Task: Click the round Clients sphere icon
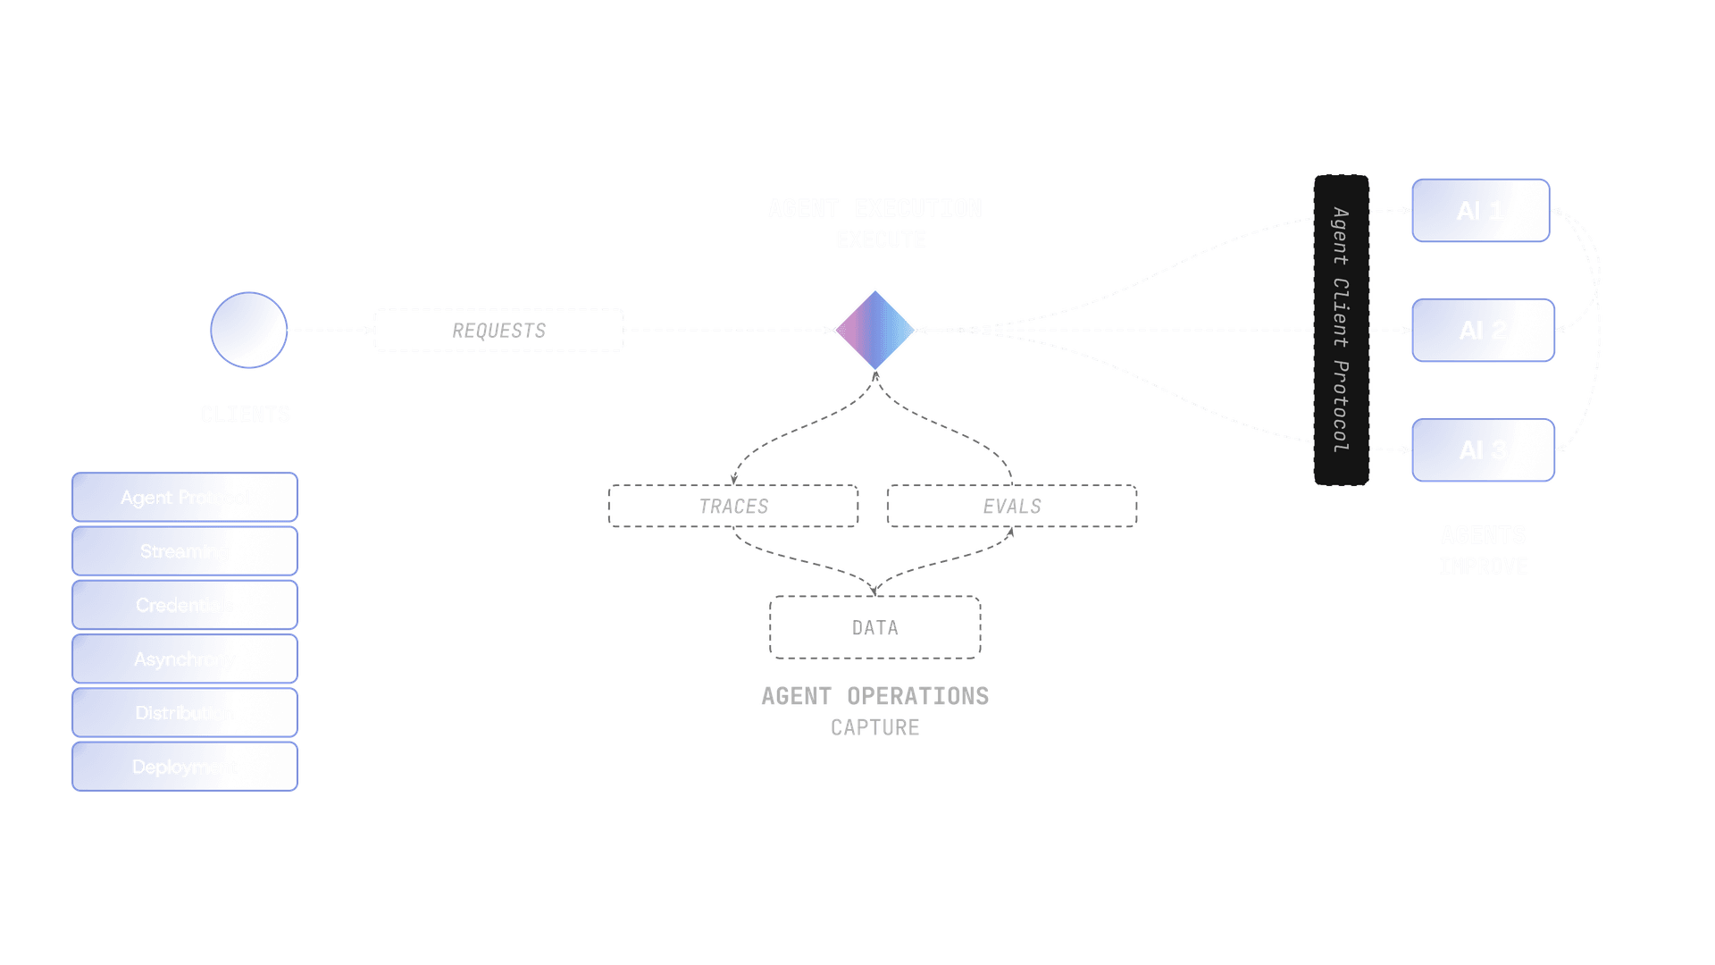tap(248, 330)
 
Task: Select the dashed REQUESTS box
tap(498, 331)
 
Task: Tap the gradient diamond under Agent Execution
tap(875, 330)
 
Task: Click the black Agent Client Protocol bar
tap(1341, 330)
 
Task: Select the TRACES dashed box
tap(733, 507)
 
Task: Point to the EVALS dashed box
tap(1012, 507)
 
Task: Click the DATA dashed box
tap(875, 627)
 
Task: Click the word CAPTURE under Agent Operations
tap(875, 727)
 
